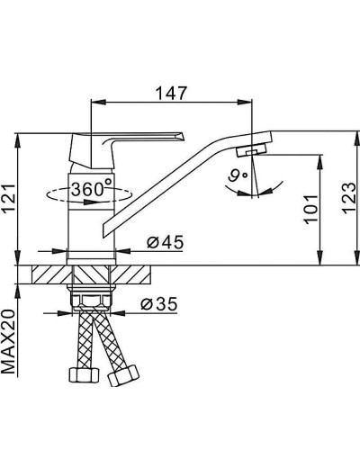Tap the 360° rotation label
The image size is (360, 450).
[x=91, y=192]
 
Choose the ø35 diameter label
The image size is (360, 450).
[x=159, y=307]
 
